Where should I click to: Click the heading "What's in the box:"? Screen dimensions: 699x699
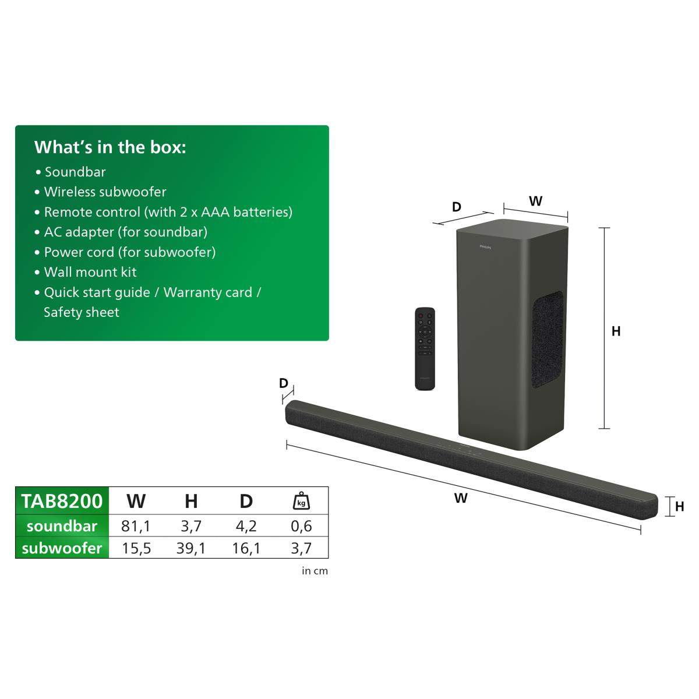tap(110, 147)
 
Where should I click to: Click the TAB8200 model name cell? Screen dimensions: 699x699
tap(62, 501)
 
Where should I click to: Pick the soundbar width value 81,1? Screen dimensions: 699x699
tap(136, 526)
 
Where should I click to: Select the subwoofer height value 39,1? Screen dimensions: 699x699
tap(191, 548)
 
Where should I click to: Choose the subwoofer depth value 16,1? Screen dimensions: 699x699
tap(246, 548)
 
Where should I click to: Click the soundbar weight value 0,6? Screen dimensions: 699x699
tap(301, 526)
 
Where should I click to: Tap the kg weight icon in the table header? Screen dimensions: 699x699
tap(301, 501)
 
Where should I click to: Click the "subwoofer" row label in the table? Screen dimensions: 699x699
tap(62, 548)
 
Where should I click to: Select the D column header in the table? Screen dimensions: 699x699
tap(246, 502)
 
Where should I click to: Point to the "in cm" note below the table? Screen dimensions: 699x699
tap(315, 571)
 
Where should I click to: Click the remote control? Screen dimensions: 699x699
tap(425, 349)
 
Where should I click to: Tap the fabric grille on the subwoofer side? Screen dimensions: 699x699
tap(548, 340)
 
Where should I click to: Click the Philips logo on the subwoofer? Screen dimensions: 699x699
tap(485, 247)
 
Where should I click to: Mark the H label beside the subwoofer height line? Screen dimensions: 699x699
tap(616, 331)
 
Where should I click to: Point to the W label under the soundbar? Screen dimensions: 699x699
tap(461, 498)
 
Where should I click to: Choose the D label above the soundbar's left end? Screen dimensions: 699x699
tap(284, 383)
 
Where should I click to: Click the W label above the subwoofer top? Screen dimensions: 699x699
tap(536, 201)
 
